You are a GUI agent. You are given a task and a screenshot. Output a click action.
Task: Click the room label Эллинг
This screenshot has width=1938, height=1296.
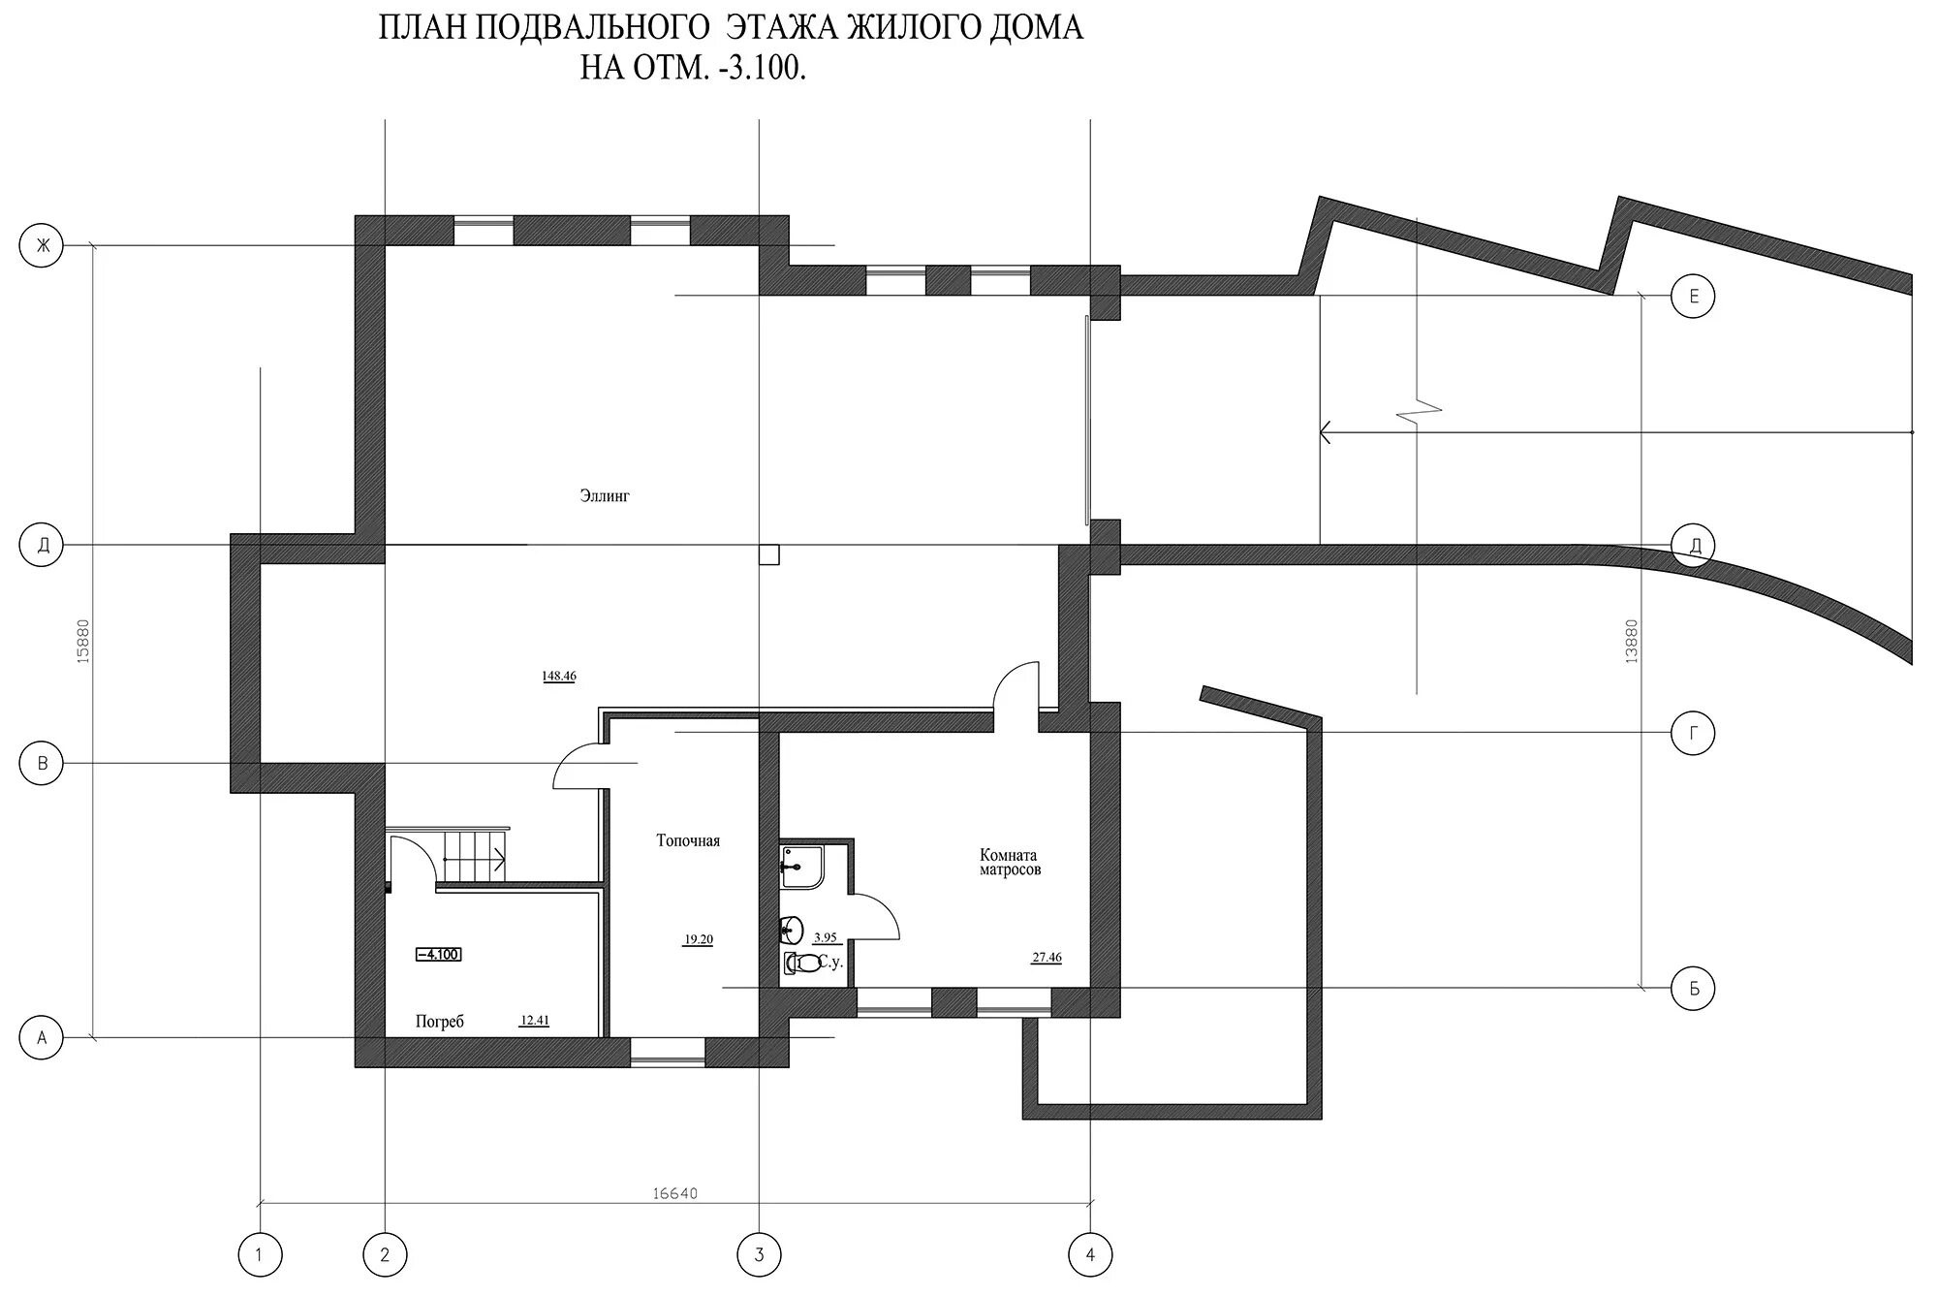(605, 496)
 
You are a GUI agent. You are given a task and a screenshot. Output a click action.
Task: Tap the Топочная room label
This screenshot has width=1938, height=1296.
(688, 840)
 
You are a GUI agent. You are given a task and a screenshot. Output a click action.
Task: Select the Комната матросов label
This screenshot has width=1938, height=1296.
(1010, 863)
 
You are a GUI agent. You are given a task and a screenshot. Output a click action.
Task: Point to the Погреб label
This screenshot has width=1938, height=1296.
(440, 1022)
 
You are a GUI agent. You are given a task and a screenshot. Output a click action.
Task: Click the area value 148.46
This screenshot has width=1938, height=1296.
(559, 677)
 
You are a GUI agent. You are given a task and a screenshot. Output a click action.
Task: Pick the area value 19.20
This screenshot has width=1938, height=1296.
(698, 939)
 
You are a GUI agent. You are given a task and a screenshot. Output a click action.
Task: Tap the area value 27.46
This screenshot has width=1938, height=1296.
(1047, 958)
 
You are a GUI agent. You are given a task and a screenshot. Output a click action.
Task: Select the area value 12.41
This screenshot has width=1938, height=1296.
(535, 1020)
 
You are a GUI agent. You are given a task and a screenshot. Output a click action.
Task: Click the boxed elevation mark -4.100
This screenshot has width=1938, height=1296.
(438, 955)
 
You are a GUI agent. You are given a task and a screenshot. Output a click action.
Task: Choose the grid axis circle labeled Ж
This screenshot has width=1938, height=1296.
(42, 246)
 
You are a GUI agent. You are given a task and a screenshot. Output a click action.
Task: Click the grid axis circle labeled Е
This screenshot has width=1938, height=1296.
(1693, 297)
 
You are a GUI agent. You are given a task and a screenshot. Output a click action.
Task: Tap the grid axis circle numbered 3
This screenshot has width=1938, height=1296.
(759, 1255)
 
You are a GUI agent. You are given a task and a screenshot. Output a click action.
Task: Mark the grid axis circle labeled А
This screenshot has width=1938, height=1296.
(42, 1038)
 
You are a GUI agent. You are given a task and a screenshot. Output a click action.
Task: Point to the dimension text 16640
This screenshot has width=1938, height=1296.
(675, 1193)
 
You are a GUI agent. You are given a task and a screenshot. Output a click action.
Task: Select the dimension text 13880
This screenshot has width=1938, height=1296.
(1632, 641)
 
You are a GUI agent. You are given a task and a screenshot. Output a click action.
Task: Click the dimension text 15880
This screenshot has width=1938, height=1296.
(82, 641)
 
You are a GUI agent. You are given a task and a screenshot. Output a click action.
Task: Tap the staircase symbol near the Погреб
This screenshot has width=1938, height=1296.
(473, 855)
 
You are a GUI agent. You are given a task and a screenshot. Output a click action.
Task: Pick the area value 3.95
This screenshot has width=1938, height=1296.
(825, 937)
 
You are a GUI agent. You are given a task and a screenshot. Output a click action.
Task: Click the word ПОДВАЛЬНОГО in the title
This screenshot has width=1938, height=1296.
(592, 28)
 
